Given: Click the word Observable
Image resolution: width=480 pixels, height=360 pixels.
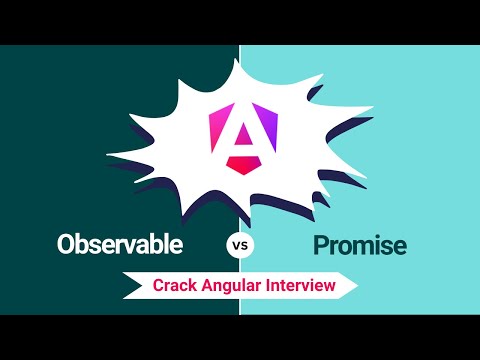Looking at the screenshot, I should pos(120,244).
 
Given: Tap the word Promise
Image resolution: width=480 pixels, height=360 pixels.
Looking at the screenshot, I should pos(361,244).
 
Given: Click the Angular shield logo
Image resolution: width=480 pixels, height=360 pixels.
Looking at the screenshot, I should pos(233,137).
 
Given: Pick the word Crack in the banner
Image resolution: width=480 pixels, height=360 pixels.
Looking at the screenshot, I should pos(174,285).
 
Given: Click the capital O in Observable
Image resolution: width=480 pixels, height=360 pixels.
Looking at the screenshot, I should pos(67,244).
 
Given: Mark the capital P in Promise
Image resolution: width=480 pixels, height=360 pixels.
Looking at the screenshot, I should pos(321,244).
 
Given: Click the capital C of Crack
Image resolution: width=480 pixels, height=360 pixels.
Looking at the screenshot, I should pos(159,285).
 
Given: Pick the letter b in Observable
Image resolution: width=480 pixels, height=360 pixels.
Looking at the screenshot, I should pos(84,243).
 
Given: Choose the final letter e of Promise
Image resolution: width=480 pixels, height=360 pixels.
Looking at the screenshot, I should pos(400,246).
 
